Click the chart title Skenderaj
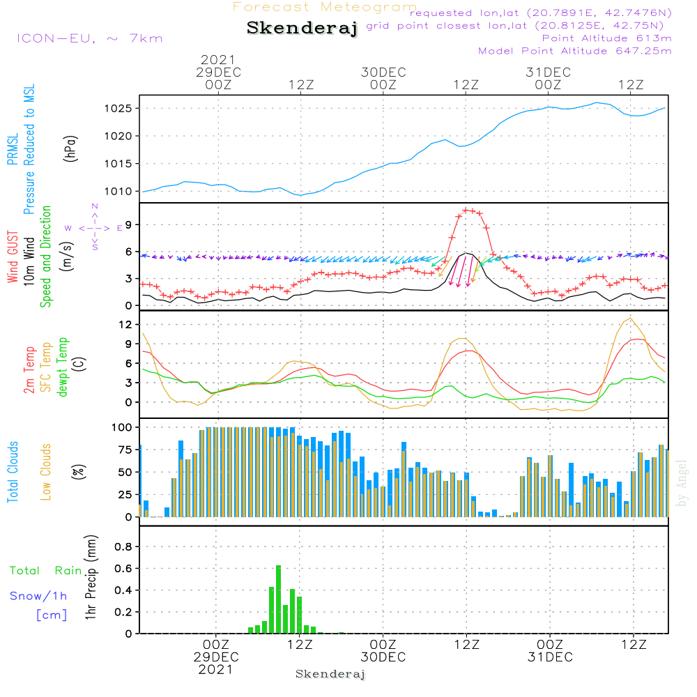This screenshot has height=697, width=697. pos(302,28)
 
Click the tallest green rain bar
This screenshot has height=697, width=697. pos(278,599)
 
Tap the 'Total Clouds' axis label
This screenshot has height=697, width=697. pos(13,472)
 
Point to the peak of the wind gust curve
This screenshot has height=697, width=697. pos(467,209)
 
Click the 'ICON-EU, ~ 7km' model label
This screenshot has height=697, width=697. pos(89,38)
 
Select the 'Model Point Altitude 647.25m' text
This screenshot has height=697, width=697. pos(574,51)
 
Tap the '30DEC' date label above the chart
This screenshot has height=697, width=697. pos(383,72)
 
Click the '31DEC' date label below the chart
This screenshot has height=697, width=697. pos(550,657)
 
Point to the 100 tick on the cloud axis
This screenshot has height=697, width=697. pos(123,427)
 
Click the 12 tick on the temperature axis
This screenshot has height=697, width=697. pos(126,324)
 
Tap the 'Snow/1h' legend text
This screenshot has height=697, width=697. pos(38,596)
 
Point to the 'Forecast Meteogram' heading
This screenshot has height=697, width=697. pos(325,7)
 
